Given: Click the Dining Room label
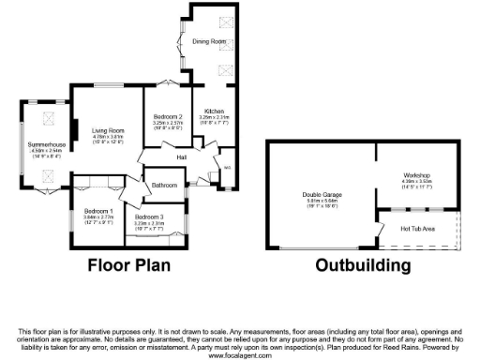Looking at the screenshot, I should (x=210, y=42).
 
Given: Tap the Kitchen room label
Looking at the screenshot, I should (x=215, y=111).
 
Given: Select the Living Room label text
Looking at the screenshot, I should (x=108, y=130).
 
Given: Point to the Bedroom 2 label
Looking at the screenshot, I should (x=167, y=115).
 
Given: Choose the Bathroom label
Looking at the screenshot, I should (x=164, y=185).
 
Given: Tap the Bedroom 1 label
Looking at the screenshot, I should (x=97, y=211).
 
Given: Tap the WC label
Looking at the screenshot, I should (x=227, y=169).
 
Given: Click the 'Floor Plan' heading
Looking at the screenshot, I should (x=129, y=265).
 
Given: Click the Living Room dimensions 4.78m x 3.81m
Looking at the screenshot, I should (x=108, y=138).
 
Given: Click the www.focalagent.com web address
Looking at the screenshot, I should (x=240, y=356).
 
